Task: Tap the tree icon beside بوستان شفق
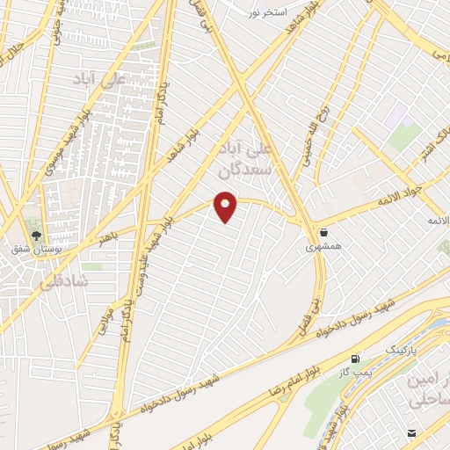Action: pyautogui.click(x=37, y=236)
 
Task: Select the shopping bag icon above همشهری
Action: pyautogui.click(x=326, y=233)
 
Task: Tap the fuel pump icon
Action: pyautogui.click(x=355, y=359)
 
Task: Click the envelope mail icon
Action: pyautogui.click(x=412, y=433)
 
